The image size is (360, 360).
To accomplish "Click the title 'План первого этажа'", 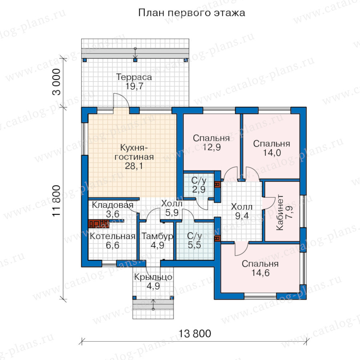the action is [x=192, y=13].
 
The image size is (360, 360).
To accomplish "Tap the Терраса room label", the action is [x=134, y=77].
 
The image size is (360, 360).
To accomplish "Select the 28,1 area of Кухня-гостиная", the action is [x=134, y=166].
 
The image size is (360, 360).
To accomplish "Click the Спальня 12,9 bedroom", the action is [x=211, y=142].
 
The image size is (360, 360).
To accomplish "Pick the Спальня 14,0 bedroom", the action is [x=272, y=148].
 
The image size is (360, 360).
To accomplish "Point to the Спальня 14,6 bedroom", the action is [x=260, y=268].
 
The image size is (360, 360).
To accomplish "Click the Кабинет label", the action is [x=280, y=212].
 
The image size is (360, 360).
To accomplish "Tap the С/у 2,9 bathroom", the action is [x=199, y=185].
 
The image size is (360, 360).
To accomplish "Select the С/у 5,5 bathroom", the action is [x=194, y=240].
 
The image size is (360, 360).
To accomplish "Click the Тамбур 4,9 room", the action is [x=157, y=241].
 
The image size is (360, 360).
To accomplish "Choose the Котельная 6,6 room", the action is [x=112, y=241].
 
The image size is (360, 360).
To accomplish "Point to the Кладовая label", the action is [x=112, y=205].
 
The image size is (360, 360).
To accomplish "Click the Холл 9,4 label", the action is [x=242, y=211].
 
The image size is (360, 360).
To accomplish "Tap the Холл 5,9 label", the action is [x=172, y=208].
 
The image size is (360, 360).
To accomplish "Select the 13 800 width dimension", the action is [x=195, y=334].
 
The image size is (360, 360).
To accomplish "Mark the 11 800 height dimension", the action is [x=56, y=201].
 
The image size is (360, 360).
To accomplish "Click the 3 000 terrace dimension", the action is [x=56, y=82].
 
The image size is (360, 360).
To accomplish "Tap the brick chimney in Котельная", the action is [x=98, y=224].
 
